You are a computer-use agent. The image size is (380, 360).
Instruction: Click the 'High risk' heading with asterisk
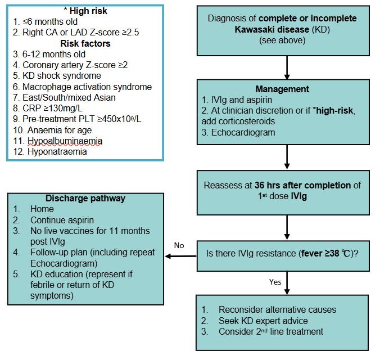point(87,11)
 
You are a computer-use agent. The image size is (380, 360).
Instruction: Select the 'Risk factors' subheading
point(86,43)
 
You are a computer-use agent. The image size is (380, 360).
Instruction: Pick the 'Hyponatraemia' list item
point(55,151)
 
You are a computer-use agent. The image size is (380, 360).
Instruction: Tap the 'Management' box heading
point(282,89)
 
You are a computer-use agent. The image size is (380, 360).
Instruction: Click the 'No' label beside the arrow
point(179,245)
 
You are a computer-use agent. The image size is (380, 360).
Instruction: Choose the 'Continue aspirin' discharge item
point(62,220)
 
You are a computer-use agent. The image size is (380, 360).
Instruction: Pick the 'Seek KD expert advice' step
point(263,321)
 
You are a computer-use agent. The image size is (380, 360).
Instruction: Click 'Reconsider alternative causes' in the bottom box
point(277,309)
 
